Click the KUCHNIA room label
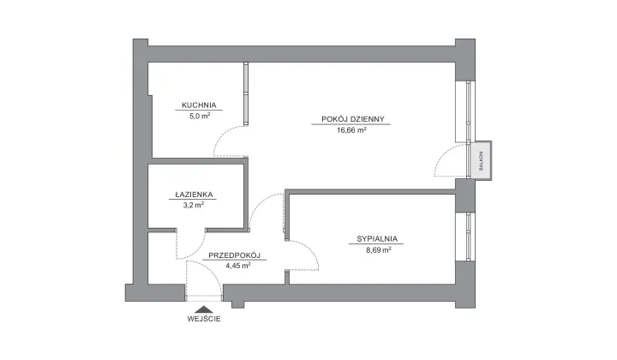tap(199, 105)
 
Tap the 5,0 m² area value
tap(200, 116)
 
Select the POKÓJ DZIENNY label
tap(352, 119)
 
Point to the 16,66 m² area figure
tap(351, 129)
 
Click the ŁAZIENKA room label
tap(194, 195)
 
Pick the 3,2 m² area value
tap(194, 205)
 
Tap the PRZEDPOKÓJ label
tap(235, 255)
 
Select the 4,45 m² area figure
tap(238, 266)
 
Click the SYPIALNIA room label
tap(377, 239)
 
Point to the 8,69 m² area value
tap(379, 249)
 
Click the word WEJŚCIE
tap(204, 319)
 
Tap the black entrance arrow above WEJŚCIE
tap(203, 309)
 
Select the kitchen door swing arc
tap(223, 133)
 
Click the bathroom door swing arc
tap(197, 251)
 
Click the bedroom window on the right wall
tap(468, 237)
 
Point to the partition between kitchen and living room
tap(246, 93)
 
